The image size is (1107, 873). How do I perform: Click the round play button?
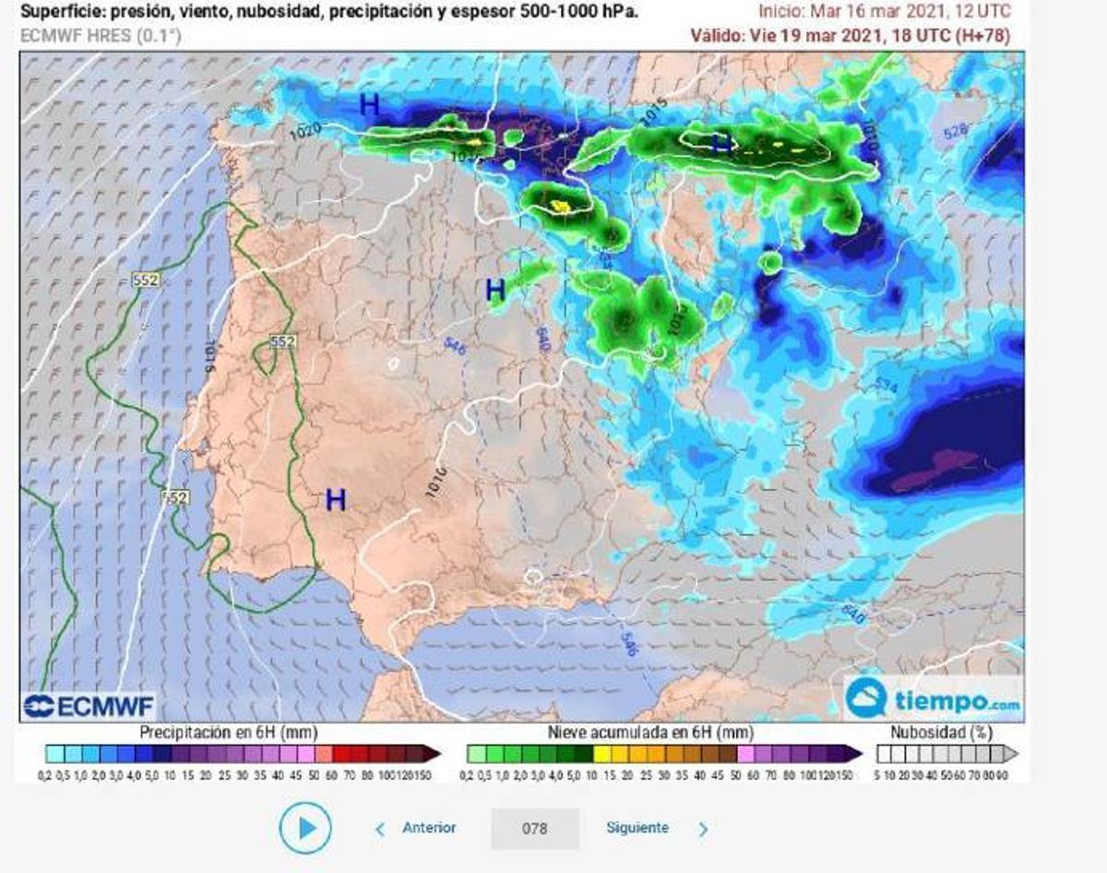point(304,828)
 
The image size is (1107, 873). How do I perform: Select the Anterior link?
point(429,828)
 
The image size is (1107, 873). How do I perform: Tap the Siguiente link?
point(637,828)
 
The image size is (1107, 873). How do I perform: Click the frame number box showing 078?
point(535,829)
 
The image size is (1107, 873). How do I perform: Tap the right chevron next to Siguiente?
point(703,830)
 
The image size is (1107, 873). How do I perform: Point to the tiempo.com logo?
point(933,700)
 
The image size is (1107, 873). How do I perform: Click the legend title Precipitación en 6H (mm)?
point(229,733)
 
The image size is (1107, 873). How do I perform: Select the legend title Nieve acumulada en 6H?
point(651,733)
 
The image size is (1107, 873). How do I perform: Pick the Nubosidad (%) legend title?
point(940,733)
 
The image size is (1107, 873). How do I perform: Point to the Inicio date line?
point(884,12)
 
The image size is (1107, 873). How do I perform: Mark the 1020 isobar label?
point(305,134)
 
